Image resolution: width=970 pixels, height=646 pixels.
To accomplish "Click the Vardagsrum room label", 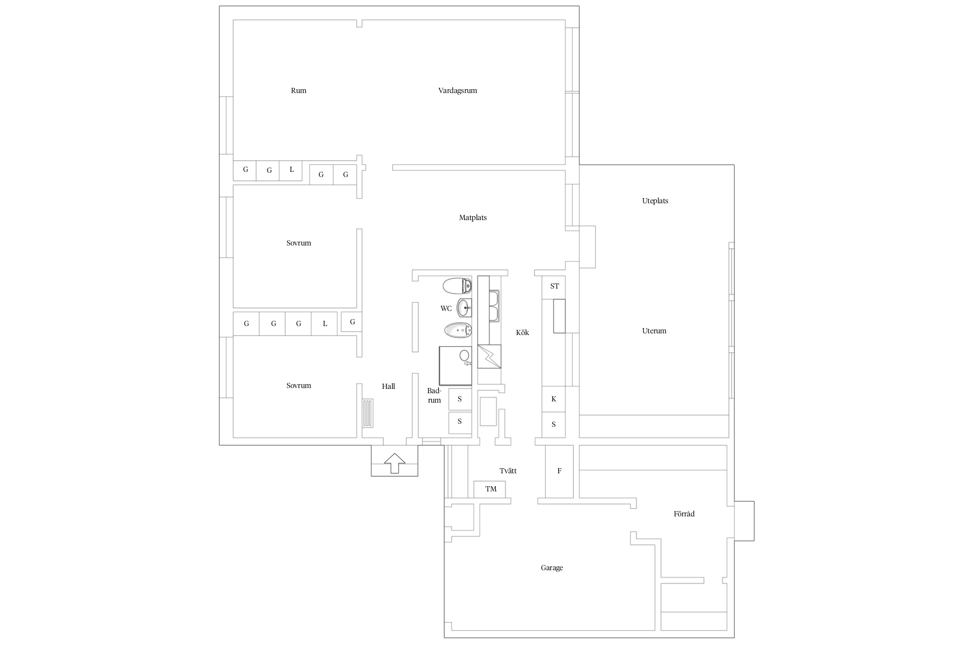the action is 457,91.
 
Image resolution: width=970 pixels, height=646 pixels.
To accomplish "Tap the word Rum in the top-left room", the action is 298,90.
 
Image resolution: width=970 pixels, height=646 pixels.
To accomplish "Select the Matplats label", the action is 472,218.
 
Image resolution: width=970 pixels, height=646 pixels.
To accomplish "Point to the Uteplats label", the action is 655,201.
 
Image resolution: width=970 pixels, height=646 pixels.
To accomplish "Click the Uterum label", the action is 654,331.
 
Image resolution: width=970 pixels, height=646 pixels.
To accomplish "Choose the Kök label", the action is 522,332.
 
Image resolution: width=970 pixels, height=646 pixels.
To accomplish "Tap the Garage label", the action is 552,568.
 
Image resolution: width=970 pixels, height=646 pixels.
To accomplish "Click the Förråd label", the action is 684,514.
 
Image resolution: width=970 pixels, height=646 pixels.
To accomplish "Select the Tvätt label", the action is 508,471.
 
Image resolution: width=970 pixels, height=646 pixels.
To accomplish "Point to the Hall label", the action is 388,386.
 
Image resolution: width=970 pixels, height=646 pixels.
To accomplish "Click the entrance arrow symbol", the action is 394,463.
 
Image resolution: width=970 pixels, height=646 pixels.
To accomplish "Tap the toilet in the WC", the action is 457,286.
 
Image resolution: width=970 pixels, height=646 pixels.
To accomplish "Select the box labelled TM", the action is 489,489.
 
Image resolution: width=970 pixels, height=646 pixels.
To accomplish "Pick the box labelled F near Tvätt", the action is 559,471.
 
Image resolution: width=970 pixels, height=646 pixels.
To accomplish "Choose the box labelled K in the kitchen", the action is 554,399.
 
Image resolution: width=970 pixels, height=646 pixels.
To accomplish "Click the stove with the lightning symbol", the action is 489,356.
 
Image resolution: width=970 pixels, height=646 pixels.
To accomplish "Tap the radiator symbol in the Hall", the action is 367,413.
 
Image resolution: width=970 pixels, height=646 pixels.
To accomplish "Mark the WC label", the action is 446,308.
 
